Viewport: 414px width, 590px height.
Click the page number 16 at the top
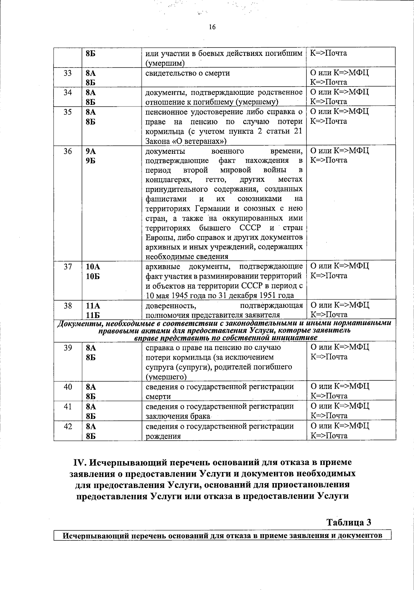(x=212, y=27)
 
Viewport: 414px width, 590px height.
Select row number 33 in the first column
(x=68, y=73)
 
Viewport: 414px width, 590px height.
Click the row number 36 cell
(x=68, y=151)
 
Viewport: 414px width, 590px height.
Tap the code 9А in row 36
(x=91, y=151)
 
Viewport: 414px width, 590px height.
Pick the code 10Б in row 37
(x=93, y=276)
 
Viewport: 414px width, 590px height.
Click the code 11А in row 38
(x=93, y=305)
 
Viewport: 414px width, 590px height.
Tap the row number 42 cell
(x=68, y=426)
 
